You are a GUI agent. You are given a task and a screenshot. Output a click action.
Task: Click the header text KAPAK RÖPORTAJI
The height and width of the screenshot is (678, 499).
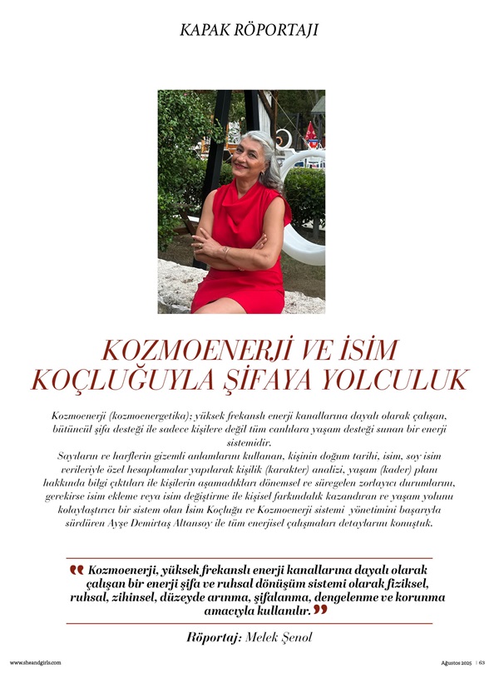(x=249, y=31)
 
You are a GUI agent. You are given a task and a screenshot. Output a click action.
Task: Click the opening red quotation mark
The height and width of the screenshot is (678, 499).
(x=77, y=571)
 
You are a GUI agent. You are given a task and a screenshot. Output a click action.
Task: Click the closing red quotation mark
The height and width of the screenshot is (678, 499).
(x=320, y=611)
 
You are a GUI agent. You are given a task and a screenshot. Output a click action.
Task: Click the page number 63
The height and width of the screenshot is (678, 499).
(x=482, y=663)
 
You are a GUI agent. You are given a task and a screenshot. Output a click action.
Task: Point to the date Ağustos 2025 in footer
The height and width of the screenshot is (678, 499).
(x=457, y=663)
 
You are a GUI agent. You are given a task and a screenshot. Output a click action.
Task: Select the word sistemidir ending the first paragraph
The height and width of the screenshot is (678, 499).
(x=249, y=443)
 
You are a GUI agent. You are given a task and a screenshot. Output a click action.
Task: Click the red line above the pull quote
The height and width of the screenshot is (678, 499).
(x=249, y=558)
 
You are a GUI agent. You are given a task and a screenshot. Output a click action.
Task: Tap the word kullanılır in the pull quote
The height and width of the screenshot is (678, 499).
(x=285, y=611)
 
